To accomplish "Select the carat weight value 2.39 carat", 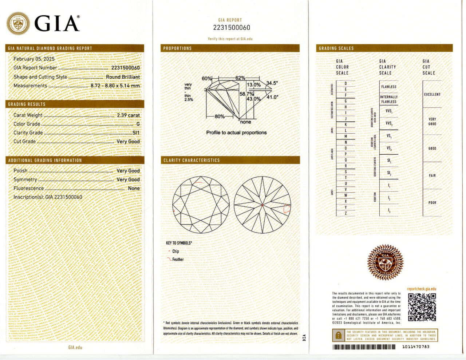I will tap(128, 115).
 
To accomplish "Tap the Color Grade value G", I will tap(138, 124).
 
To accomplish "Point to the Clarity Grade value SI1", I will tap(136, 133).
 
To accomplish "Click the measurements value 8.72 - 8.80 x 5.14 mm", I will tap(115, 86).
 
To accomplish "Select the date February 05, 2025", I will tap(34, 59).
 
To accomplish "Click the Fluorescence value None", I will tap(134, 188).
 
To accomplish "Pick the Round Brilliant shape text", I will tap(123, 77).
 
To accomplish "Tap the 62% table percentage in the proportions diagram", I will tap(240, 78).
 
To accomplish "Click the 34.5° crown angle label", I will tap(272, 83).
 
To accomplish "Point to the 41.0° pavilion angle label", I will tap(272, 97).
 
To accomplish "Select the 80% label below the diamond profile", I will tap(220, 116).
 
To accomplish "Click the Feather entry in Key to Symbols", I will tap(178, 260).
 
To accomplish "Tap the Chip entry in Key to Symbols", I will tap(175, 251).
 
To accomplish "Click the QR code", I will tap(422, 307).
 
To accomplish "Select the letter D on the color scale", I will tap(345, 83).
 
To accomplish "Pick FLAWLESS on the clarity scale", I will tap(388, 87).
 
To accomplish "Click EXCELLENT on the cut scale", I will tap(432, 94).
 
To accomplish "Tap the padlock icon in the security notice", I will tap(339, 335).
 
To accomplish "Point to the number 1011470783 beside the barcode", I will tap(416, 347).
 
